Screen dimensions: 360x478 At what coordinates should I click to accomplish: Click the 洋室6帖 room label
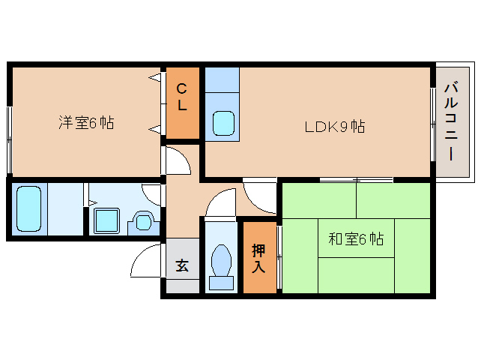pyautogui.click(x=86, y=123)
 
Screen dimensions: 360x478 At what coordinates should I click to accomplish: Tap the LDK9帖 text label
pyautogui.click(x=334, y=127)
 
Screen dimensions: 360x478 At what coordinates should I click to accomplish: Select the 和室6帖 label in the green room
pyautogui.click(x=356, y=239)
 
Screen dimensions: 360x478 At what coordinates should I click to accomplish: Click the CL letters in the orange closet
pyautogui.click(x=182, y=97)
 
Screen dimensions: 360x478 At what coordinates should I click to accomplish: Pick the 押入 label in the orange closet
pyautogui.click(x=258, y=257)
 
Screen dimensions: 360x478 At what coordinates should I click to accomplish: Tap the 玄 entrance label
pyautogui.click(x=182, y=265)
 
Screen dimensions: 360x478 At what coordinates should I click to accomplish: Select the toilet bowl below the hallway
pyautogui.click(x=221, y=262)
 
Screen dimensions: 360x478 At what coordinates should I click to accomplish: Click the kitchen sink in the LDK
pyautogui.click(x=223, y=123)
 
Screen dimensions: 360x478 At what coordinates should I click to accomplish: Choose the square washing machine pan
pyautogui.click(x=106, y=220)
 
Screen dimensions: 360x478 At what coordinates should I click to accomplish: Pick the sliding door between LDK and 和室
pyautogui.click(x=356, y=180)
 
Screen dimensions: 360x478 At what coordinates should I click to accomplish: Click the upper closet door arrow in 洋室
pyautogui.click(x=155, y=76)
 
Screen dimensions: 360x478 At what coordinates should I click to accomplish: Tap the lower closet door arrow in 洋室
pyautogui.click(x=155, y=129)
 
